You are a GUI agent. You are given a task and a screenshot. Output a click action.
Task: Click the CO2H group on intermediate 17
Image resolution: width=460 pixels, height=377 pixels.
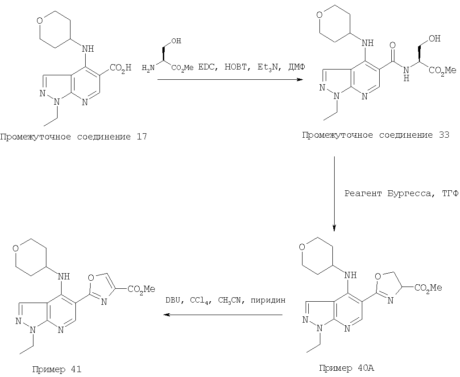point(120,68)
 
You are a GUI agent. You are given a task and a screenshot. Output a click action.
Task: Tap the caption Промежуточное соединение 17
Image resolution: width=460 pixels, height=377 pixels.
point(73,137)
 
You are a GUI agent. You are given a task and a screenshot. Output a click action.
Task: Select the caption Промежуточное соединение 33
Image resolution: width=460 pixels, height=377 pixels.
point(376,135)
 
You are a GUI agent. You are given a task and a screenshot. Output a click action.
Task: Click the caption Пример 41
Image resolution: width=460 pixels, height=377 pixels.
point(57,369)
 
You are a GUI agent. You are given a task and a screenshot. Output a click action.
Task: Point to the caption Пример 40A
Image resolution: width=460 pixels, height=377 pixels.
point(347,368)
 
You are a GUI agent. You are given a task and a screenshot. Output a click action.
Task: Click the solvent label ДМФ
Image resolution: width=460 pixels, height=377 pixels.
point(297,67)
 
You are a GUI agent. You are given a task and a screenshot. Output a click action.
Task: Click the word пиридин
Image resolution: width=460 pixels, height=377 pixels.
point(268,300)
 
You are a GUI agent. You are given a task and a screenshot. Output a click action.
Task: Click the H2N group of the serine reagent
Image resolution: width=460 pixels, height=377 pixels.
point(148,68)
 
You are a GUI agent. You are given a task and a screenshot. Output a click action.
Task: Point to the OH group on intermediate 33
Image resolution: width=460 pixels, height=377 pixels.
point(435,38)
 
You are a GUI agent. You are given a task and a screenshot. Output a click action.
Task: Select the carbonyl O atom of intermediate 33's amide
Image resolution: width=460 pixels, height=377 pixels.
point(393,45)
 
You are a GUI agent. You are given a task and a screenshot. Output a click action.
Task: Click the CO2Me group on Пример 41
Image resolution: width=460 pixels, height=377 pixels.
point(141,289)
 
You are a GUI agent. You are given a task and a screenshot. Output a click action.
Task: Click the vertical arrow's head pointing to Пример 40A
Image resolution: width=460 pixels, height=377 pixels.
point(334,228)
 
